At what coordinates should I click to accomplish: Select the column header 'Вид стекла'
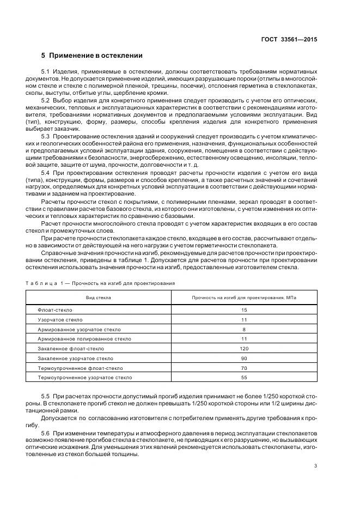tap(98, 297)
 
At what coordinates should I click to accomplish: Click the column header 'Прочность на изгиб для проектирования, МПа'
tap(244, 297)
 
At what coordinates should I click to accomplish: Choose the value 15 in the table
tap(244, 310)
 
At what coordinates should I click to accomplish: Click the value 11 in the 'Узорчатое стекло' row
tap(244, 320)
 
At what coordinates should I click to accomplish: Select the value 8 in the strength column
tap(244, 329)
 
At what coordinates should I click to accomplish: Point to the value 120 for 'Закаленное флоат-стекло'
tap(244, 349)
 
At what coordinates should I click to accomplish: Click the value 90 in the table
tap(244, 359)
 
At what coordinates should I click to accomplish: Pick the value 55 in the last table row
tap(244, 378)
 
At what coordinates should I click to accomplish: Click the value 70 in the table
tap(244, 368)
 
